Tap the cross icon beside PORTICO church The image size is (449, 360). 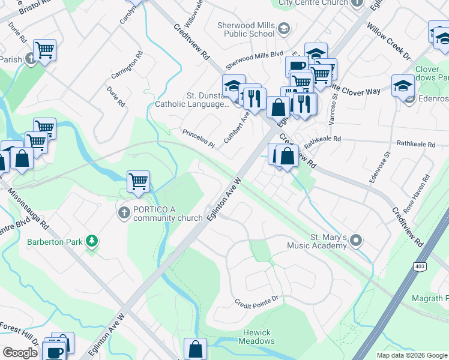point(124,212)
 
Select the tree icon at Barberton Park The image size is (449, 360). point(91,241)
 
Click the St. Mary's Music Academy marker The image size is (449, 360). point(357,241)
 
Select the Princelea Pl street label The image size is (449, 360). point(198,139)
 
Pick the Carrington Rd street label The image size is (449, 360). point(127,66)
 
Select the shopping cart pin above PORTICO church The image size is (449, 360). point(138,181)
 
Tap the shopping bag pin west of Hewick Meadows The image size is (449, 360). point(196,348)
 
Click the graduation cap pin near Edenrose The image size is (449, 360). point(403,85)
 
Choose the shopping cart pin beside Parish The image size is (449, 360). point(44,50)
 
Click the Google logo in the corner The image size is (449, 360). point(20,353)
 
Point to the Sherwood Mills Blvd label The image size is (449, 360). point(254,60)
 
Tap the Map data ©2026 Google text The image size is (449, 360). point(411,355)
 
